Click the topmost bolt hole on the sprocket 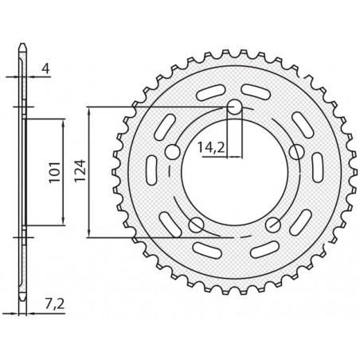pos(235,108)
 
